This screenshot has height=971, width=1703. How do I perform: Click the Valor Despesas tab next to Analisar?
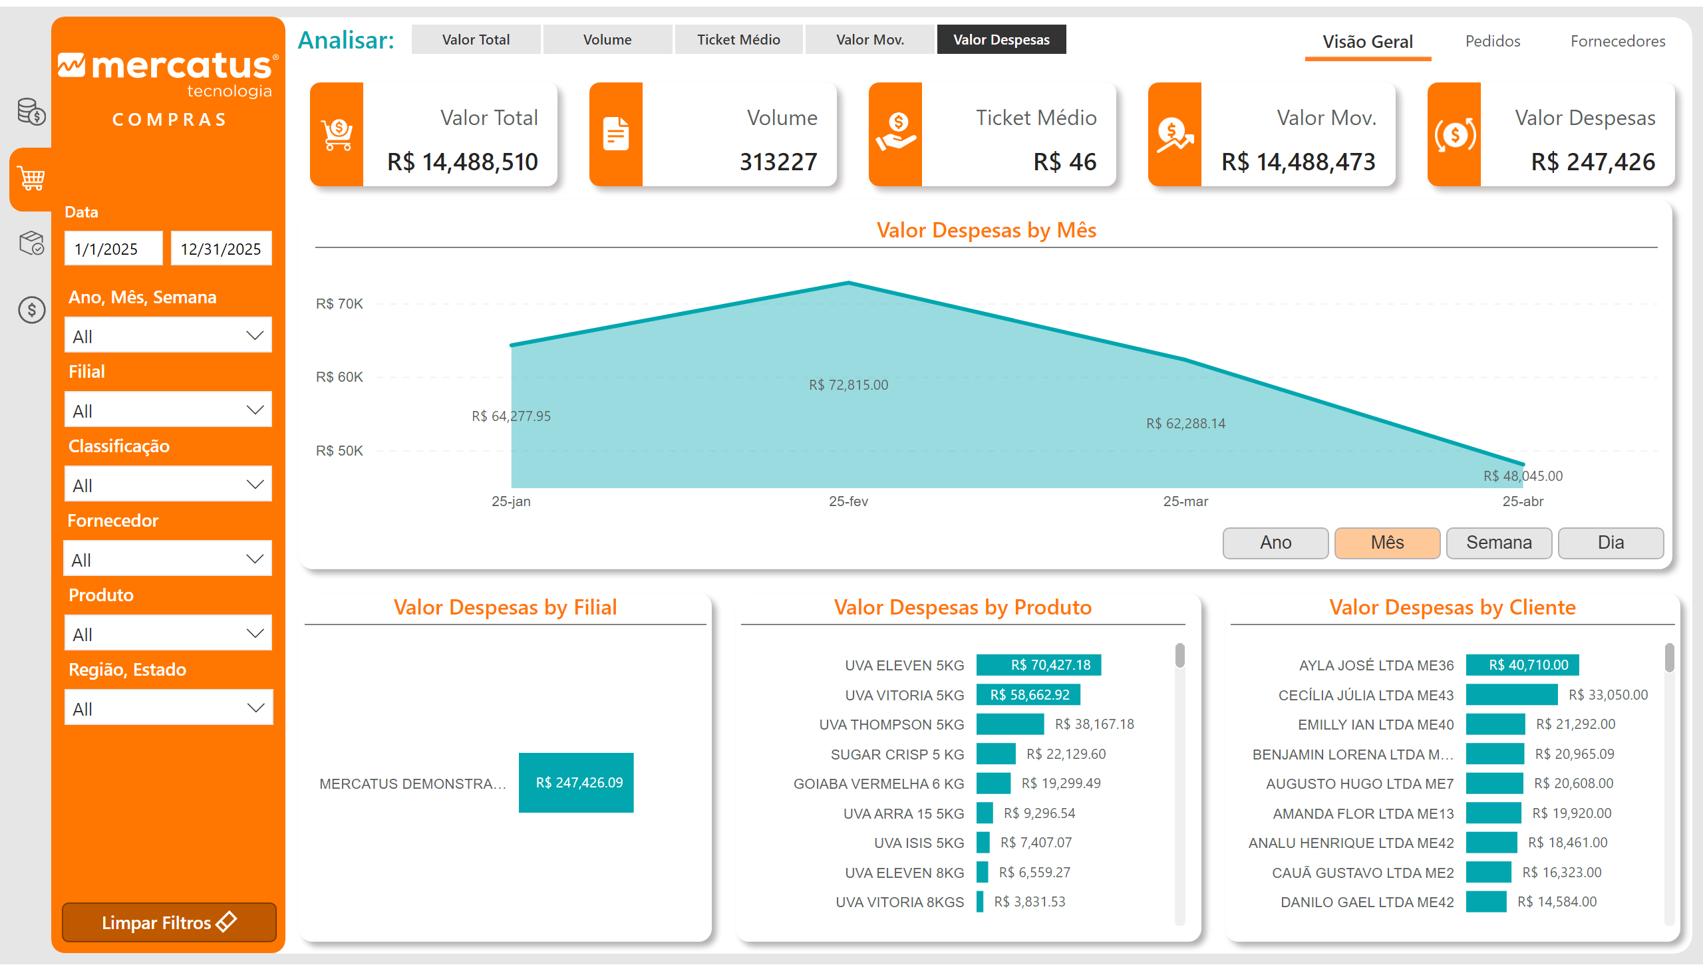tap(1001, 40)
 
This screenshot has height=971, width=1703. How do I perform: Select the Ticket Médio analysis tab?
tap(738, 40)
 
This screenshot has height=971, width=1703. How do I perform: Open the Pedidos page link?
tap(1492, 41)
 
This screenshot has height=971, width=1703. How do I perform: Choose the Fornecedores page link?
tap(1617, 41)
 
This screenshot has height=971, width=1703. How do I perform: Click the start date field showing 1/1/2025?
tap(112, 249)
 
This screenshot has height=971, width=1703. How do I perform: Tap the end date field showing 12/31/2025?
tap(221, 249)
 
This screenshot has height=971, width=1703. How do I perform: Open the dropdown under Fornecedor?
tap(168, 559)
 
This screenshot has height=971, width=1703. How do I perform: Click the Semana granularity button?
tap(1498, 543)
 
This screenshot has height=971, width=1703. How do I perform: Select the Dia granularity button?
tap(1611, 543)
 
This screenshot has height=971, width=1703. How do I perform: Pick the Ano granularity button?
tap(1275, 543)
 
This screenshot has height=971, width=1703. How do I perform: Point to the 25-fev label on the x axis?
tap(848, 501)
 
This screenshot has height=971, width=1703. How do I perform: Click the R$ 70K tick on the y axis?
tap(339, 304)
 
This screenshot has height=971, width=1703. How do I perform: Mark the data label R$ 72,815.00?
tap(848, 386)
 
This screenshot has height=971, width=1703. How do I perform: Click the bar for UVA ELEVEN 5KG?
tap(1038, 665)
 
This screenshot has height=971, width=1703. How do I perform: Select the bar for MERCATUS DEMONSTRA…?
tap(575, 783)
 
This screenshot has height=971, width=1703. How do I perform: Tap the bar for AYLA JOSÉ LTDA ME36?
tap(1521, 665)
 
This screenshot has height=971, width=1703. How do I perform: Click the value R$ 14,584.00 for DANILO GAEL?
tap(1557, 902)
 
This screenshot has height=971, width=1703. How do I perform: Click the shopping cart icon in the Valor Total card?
tap(337, 134)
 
